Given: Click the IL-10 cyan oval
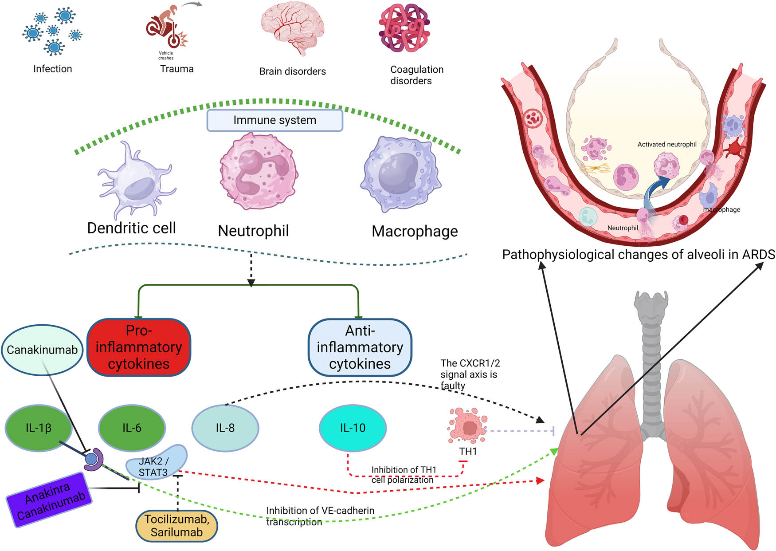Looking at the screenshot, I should click(353, 428).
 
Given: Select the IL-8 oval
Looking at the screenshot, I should click(225, 428).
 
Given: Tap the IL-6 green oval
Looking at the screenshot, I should click(132, 428).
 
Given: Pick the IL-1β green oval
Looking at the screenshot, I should click(38, 428).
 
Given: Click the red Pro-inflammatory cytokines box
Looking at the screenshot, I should click(139, 347).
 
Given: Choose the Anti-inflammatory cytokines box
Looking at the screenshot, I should click(360, 347).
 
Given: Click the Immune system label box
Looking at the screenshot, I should click(274, 120).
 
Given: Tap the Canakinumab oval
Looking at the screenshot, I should click(42, 350).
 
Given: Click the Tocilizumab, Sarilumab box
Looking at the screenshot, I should click(176, 526).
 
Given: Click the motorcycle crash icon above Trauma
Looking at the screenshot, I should click(166, 29).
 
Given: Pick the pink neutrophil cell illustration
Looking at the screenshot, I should click(259, 171).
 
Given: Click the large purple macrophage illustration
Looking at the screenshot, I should click(401, 173).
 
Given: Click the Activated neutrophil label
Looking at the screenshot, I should click(666, 145).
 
